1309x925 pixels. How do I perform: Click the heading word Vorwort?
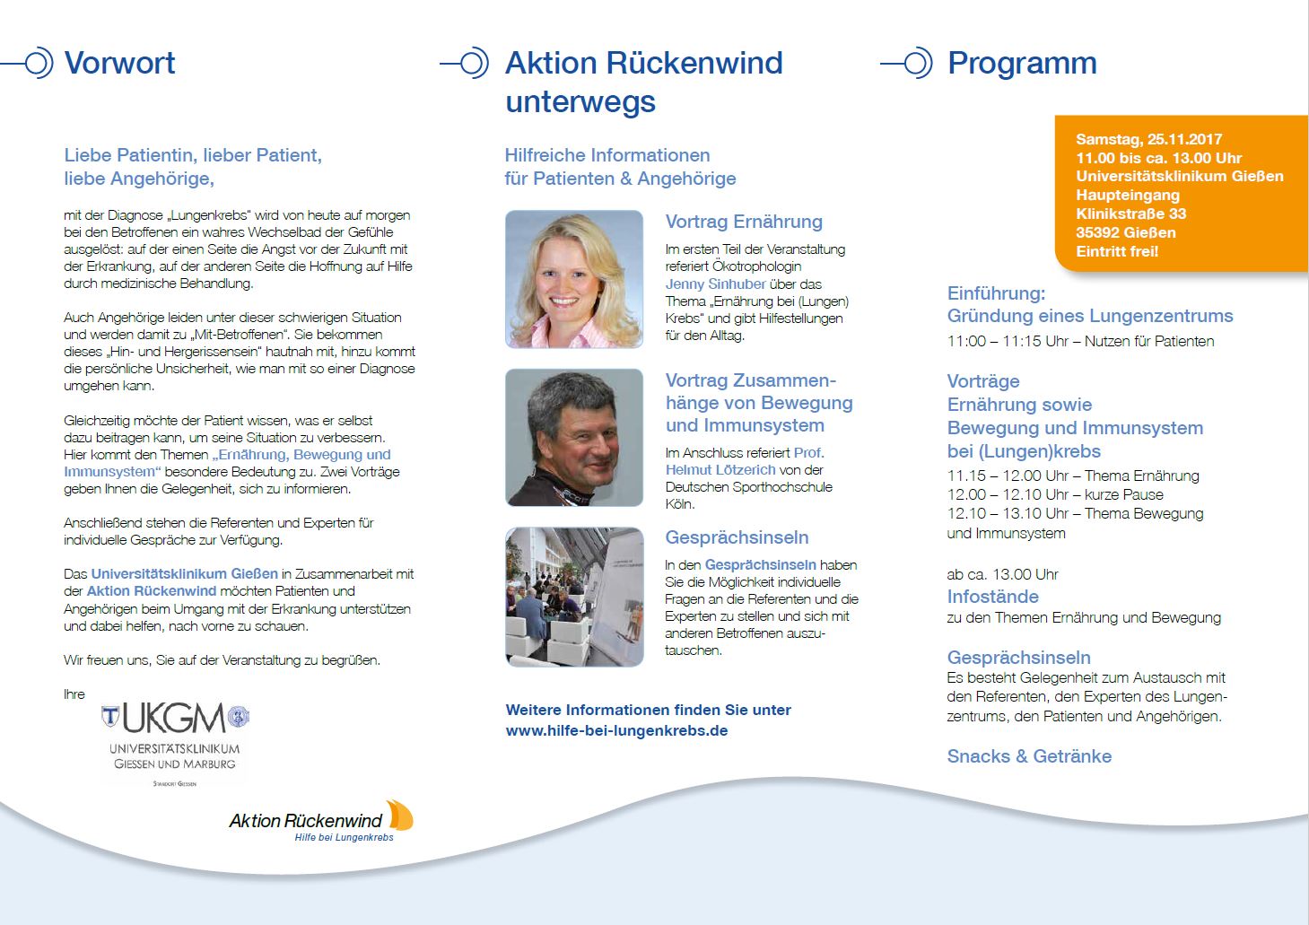tap(120, 64)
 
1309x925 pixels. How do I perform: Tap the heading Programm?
tap(1022, 64)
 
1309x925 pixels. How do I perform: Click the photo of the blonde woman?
tap(574, 279)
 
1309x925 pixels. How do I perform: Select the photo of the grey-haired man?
tap(574, 437)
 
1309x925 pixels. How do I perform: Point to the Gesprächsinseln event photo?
tap(574, 597)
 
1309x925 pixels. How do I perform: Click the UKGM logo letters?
tap(174, 718)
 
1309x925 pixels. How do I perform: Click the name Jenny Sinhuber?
tap(715, 284)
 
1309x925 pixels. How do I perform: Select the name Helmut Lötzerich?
tap(720, 469)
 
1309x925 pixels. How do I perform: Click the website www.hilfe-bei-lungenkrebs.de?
tap(616, 730)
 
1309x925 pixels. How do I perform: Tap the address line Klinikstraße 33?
tap(1130, 214)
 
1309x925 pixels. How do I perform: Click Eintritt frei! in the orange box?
tap(1117, 251)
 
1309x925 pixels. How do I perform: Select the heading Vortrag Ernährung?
tap(744, 222)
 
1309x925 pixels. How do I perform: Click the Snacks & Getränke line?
tap(1029, 756)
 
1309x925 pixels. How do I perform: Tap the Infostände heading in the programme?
tap(992, 597)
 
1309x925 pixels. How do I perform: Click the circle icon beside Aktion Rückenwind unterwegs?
tap(473, 64)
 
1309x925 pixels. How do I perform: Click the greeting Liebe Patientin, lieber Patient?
tap(193, 155)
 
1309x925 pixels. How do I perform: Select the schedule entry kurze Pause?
tap(1123, 494)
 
